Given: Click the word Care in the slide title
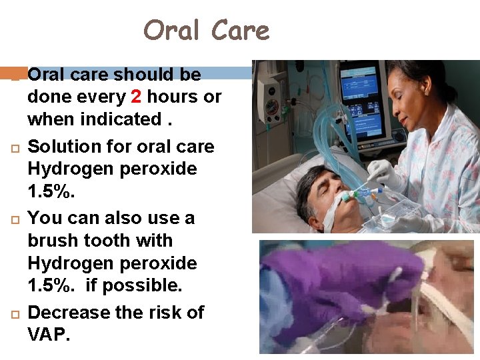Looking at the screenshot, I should tap(239, 31).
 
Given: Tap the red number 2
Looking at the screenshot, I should tap(136, 97).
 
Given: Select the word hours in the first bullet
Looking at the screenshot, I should tap(173, 97).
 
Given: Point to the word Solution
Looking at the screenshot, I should tap(66, 146).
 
